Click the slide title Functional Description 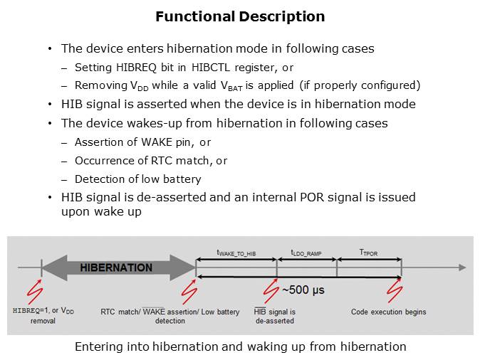coord(240,16)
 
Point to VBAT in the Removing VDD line coord(231,85)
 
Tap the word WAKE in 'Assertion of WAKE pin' coord(157,142)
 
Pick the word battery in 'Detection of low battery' coord(182,179)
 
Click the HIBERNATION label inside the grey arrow coord(116,268)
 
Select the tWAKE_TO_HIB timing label coord(236,253)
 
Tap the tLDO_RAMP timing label coord(306,253)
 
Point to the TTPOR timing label coord(369,253)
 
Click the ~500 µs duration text coord(303,290)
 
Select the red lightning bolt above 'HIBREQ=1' coord(34,292)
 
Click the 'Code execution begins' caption coord(388,312)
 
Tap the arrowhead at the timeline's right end coord(462,268)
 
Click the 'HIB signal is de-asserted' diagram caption coord(275,316)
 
